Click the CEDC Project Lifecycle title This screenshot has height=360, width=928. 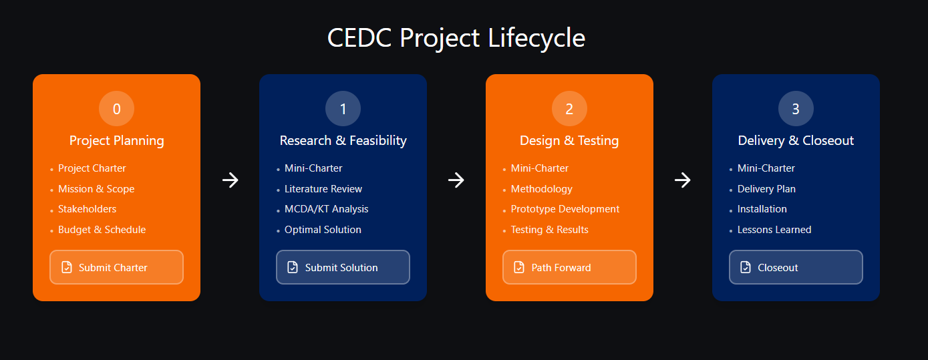click(x=456, y=37)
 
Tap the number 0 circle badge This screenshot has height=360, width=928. click(x=117, y=109)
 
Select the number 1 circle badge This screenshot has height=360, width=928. click(x=343, y=109)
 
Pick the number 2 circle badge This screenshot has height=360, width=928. click(x=569, y=109)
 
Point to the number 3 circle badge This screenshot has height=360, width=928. click(x=796, y=109)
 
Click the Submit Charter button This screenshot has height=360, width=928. click(x=116, y=267)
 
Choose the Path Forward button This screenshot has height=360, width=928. click(x=569, y=267)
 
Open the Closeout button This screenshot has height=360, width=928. click(x=796, y=267)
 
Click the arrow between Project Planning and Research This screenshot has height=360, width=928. click(x=230, y=180)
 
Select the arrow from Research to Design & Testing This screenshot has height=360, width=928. click(x=456, y=180)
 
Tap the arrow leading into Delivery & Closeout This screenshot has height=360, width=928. click(x=682, y=180)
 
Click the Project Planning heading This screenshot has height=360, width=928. click(x=117, y=140)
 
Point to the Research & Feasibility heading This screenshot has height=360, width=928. click(x=343, y=140)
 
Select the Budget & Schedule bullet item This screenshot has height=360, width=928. click(x=102, y=230)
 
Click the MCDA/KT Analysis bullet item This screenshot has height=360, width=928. click(x=326, y=209)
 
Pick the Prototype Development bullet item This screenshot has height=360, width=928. click(x=565, y=209)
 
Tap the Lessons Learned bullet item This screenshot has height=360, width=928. click(x=774, y=230)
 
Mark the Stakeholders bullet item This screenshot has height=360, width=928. click(x=87, y=209)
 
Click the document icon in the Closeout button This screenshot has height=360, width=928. click(x=746, y=267)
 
